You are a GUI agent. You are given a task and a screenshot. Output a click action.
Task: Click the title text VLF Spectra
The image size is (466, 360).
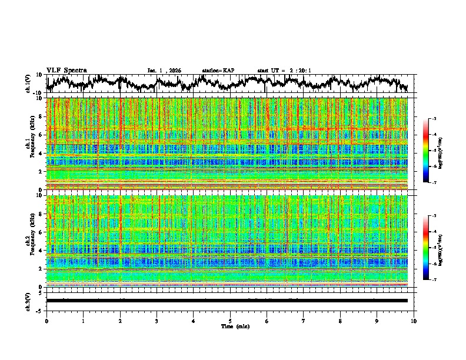tap(66, 71)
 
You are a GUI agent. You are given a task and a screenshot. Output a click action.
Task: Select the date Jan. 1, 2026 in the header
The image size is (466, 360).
tap(164, 71)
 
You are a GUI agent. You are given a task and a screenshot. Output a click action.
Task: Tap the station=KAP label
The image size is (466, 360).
tap(218, 71)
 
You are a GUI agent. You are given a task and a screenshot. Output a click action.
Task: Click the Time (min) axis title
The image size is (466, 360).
tap(235, 326)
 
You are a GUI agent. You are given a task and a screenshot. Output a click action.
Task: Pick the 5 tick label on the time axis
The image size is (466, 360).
tap(230, 321)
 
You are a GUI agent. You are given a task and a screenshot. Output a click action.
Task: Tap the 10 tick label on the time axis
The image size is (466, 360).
tap(414, 321)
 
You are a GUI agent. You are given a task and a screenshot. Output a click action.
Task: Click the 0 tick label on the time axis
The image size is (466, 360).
tap(46, 321)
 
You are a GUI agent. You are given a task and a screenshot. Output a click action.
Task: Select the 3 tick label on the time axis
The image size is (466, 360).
tap(157, 321)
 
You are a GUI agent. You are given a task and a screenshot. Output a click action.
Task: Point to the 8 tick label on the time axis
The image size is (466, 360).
tap(340, 321)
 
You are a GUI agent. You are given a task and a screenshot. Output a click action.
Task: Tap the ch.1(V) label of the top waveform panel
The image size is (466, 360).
tap(28, 84)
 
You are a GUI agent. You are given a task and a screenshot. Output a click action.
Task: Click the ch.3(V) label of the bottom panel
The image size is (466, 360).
tap(28, 301)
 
